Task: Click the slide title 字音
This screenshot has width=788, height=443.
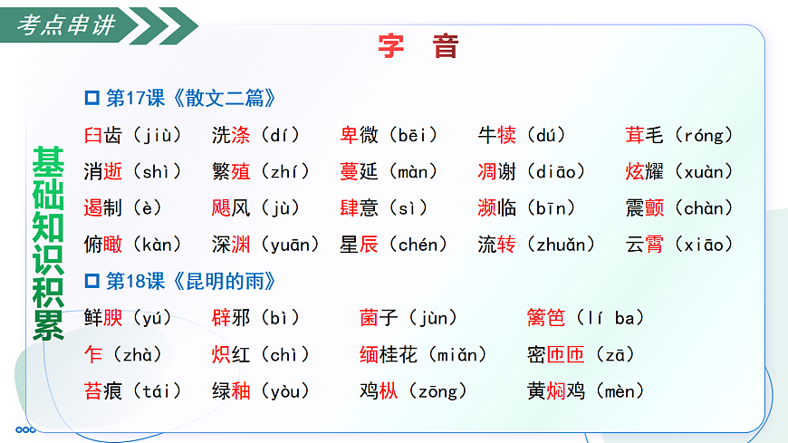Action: [418, 46]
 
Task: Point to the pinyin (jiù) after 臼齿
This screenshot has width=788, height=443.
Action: [157, 136]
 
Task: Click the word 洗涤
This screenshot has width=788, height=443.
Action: [231, 136]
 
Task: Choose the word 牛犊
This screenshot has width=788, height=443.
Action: [497, 136]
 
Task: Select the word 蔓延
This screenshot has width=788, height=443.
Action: [360, 172]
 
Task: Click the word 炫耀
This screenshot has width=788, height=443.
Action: [645, 172]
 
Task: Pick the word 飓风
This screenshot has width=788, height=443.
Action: [231, 208]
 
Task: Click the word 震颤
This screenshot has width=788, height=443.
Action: [645, 208]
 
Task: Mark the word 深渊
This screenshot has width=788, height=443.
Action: [231, 245]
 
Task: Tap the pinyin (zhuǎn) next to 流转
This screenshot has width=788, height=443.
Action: [559, 245]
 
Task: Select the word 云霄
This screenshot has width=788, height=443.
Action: [645, 245]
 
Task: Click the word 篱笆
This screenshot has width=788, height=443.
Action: [546, 318]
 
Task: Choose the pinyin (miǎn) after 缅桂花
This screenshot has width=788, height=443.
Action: [456, 355]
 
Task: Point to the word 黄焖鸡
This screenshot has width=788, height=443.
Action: [556, 391]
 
